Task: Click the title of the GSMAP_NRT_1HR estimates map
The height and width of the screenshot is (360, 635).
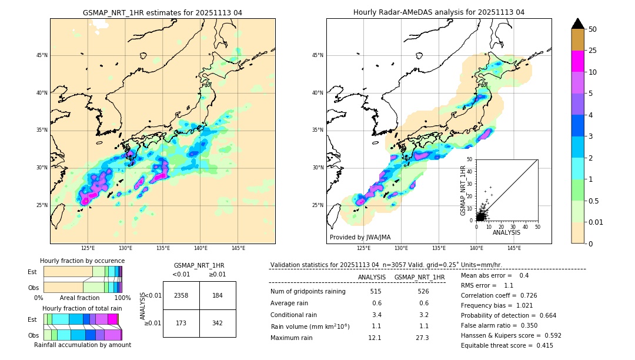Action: pos(162,12)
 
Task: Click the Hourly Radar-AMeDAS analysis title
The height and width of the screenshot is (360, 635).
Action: pos(439,12)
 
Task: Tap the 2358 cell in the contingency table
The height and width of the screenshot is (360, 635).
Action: pos(181,295)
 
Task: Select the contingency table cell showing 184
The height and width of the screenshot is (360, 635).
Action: pos(218,295)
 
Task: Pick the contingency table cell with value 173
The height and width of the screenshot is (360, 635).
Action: pos(181,324)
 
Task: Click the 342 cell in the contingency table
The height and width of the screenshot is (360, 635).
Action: pos(218,324)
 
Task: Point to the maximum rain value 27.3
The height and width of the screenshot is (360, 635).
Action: pos(423,338)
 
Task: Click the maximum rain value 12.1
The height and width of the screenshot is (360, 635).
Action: pos(376,338)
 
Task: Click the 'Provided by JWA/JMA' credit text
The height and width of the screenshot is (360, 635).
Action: pos(360,238)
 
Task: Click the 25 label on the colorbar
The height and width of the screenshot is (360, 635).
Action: pos(593,51)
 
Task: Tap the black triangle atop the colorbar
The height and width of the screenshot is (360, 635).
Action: pos(578,24)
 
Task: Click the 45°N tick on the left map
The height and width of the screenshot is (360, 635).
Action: pos(42,55)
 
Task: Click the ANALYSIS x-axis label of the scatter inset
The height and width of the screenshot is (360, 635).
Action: pos(506,232)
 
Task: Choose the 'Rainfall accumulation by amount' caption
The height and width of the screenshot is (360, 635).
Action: pos(82,345)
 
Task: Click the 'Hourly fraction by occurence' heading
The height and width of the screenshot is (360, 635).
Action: pos(82,261)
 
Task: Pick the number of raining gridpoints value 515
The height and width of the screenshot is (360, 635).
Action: pos(376,291)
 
